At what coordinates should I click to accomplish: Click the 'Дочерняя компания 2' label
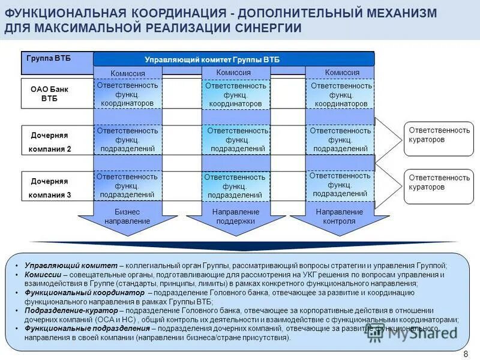50,142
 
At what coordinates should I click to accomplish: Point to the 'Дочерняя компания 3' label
50,188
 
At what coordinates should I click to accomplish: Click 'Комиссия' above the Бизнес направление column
128,73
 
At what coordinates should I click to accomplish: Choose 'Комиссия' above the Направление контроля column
342,72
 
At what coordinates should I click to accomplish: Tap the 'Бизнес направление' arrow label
127,217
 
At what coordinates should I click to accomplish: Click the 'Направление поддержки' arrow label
236,217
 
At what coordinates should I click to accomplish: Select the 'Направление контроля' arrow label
340,217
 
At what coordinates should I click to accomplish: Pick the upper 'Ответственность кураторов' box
439,135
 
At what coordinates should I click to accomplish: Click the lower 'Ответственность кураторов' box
439,182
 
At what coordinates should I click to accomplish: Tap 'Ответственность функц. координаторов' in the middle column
235,95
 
